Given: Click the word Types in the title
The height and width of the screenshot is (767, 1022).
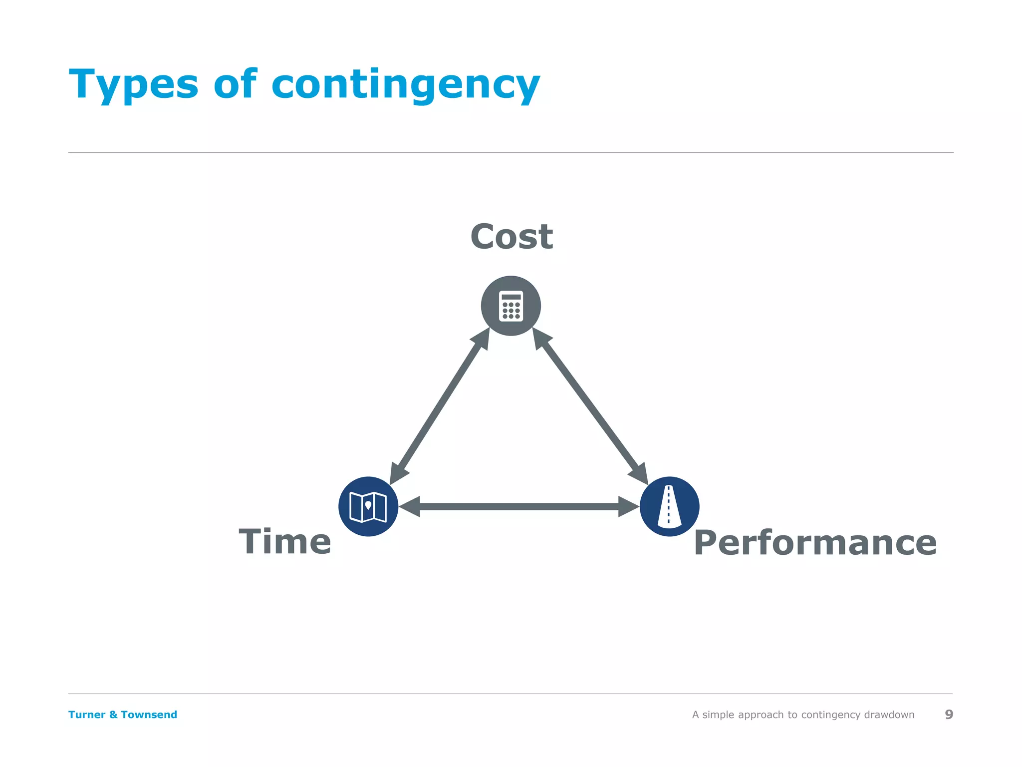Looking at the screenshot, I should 134,85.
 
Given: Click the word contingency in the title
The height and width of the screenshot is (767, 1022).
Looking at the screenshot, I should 405,85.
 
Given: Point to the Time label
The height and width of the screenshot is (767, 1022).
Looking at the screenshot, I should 284,542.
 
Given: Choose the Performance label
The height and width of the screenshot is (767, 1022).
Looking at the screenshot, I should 815,543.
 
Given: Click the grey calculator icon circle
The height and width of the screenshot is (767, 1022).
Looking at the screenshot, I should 511,306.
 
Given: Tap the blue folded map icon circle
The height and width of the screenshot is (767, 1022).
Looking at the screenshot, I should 368,506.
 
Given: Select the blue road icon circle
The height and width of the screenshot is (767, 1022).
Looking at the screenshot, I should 669,506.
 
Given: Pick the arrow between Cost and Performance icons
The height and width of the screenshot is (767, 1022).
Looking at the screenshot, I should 590,406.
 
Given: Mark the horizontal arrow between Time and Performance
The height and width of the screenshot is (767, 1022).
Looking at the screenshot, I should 519,506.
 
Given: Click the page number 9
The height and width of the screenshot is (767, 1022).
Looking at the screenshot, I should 949,715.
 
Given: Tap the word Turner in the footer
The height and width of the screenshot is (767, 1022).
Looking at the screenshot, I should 86,715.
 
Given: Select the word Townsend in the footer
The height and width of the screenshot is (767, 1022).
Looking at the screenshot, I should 149,715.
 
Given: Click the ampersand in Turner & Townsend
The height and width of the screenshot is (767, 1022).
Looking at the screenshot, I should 113,715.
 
